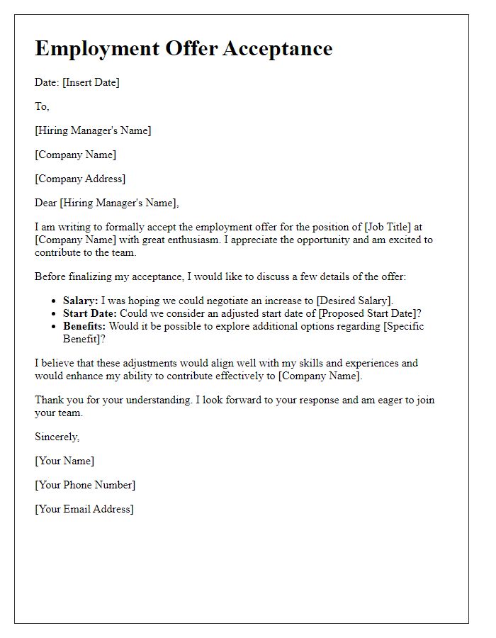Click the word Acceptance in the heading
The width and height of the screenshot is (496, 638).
tap(278, 48)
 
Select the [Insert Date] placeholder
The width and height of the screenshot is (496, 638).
tap(91, 82)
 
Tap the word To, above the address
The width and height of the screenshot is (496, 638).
tap(42, 106)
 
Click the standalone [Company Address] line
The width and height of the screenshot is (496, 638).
tap(80, 179)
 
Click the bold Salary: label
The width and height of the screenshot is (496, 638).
tap(81, 301)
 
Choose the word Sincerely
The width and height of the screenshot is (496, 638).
tap(57, 437)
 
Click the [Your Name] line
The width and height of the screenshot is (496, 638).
tap(64, 461)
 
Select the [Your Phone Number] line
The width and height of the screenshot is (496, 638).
tap(85, 485)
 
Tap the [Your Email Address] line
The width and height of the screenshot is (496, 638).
tap(84, 509)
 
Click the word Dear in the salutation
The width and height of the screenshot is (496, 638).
tap(46, 203)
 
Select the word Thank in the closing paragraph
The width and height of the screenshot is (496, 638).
tap(49, 400)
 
